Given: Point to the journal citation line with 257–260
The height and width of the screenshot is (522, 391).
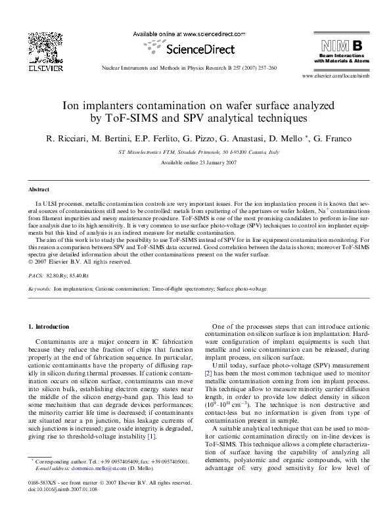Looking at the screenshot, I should point(191,68).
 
